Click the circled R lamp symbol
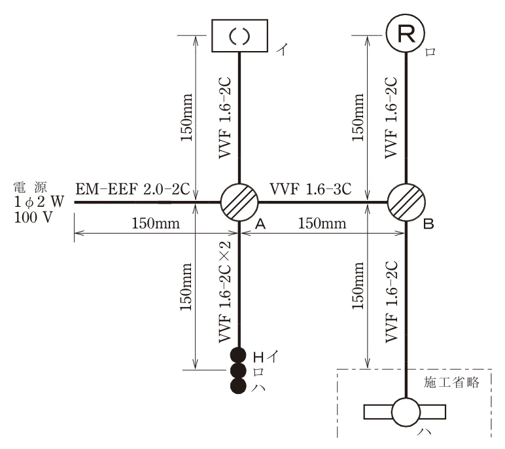(x=406, y=33)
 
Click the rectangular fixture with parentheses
(x=239, y=35)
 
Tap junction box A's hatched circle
(x=239, y=202)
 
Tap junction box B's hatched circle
(x=406, y=202)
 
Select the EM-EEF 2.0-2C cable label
(x=132, y=189)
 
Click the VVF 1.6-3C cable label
(x=311, y=189)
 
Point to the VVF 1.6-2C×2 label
(x=225, y=292)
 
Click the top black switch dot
(x=238, y=355)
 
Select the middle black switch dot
(x=238, y=370)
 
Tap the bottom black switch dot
(x=238, y=386)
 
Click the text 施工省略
(x=451, y=382)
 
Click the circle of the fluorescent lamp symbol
(x=406, y=412)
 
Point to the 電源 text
(x=30, y=187)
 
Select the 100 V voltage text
(x=33, y=217)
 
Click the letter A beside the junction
(x=260, y=224)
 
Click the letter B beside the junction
(x=428, y=224)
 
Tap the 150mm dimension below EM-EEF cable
(x=156, y=223)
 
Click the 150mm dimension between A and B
(x=322, y=223)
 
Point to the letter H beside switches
(x=258, y=357)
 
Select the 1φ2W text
(x=39, y=202)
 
